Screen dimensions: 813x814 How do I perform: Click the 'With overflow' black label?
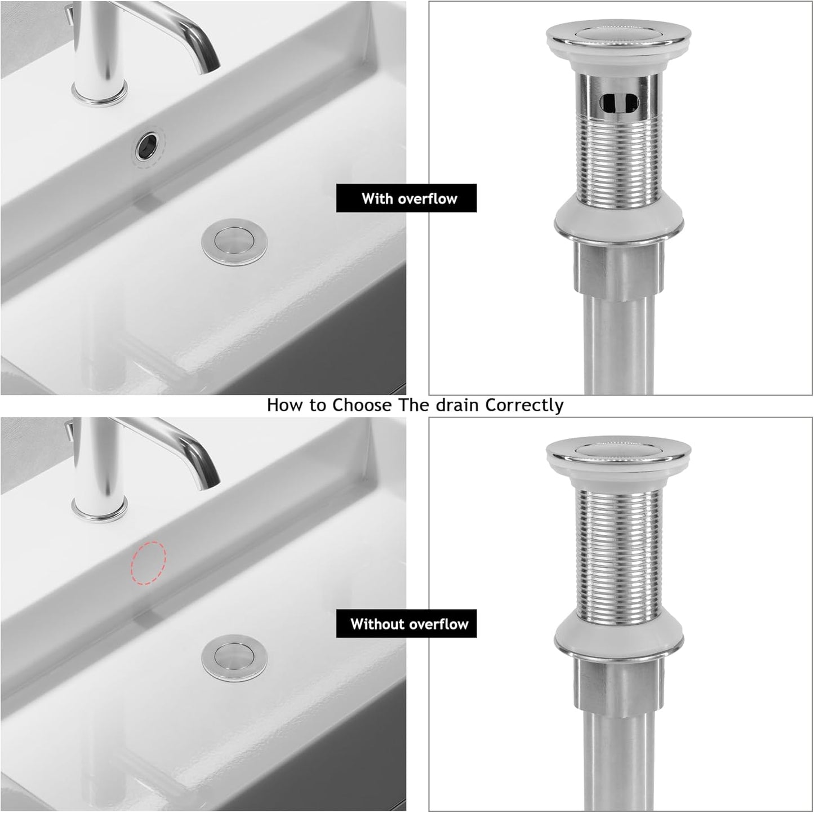[406, 198]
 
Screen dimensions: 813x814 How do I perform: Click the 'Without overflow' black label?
[406, 624]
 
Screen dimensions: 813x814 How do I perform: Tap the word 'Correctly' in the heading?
[524, 405]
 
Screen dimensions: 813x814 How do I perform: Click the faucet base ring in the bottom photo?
[100, 510]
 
